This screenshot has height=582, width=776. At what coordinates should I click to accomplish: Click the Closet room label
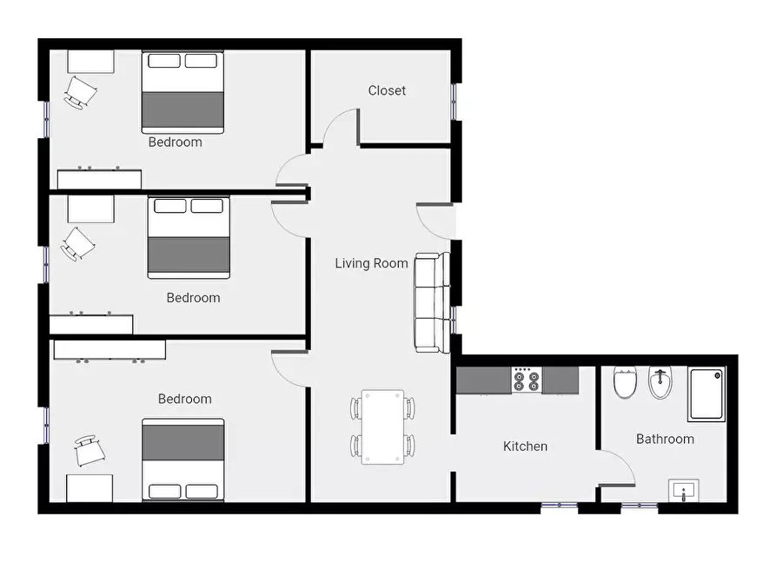pyautogui.click(x=387, y=90)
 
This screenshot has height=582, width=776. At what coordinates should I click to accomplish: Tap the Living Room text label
pyautogui.click(x=371, y=263)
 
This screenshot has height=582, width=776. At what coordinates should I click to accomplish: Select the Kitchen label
pyautogui.click(x=525, y=446)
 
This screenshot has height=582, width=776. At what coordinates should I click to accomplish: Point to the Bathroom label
pyautogui.click(x=665, y=439)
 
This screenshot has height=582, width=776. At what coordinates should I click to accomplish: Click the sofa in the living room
pyautogui.click(x=432, y=303)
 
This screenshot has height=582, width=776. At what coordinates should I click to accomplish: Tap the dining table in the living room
pyautogui.click(x=382, y=427)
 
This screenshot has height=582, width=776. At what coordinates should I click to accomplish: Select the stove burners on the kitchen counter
pyautogui.click(x=526, y=380)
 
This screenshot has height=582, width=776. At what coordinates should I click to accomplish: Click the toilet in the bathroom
pyautogui.click(x=625, y=382)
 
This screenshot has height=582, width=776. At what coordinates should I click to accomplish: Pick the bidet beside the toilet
pyautogui.click(x=660, y=382)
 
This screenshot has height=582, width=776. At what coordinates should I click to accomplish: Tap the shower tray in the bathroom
pyautogui.click(x=706, y=394)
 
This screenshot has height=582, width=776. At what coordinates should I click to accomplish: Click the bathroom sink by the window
pyautogui.click(x=684, y=490)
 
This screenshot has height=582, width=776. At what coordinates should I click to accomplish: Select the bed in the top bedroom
pyautogui.click(x=182, y=92)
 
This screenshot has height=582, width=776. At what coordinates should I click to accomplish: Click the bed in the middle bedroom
pyautogui.click(x=189, y=237)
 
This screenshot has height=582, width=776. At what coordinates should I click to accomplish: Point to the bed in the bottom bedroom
pyautogui.click(x=183, y=460)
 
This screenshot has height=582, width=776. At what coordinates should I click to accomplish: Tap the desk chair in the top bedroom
pyautogui.click(x=80, y=93)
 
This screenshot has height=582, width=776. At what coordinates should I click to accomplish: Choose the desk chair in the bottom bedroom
pyautogui.click(x=90, y=450)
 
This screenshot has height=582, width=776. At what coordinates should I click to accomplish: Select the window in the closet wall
pyautogui.click(x=454, y=102)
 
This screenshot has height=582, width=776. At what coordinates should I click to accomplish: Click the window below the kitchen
pyautogui.click(x=560, y=506)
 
